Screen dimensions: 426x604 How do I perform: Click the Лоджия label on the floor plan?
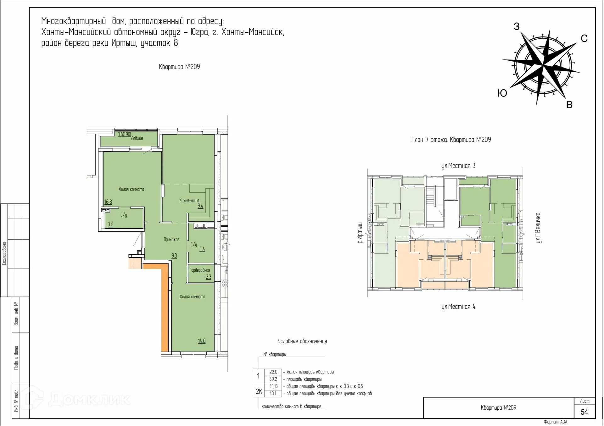coord(137,138)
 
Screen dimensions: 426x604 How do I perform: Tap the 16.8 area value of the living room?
coord(108,202)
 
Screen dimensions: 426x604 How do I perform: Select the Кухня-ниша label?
coord(189,200)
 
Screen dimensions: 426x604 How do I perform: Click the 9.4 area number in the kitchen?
coord(200,206)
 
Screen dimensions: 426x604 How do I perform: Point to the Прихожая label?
coord(171,240)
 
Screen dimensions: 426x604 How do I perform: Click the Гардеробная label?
coord(199,270)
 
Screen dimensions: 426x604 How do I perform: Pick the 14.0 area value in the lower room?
coord(202,341)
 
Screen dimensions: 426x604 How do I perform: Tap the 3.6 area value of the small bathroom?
coord(110,224)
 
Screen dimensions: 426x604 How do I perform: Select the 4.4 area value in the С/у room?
coord(202,249)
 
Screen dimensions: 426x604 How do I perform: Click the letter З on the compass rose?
coord(517,27)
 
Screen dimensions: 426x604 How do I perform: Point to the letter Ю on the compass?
coord(502,93)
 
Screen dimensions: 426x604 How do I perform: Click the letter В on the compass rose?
coord(569,105)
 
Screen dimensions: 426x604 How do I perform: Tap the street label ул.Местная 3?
coord(458,166)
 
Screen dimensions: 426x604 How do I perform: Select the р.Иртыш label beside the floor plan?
coord(360,233)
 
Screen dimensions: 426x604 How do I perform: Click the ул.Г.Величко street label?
coord(538,228)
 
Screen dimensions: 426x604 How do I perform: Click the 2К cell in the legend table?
coord(259,391)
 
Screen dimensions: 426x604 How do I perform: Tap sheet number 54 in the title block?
coord(584,412)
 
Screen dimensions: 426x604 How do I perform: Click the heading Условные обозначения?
coord(302,341)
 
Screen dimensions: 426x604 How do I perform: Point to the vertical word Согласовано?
coord(4,253)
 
